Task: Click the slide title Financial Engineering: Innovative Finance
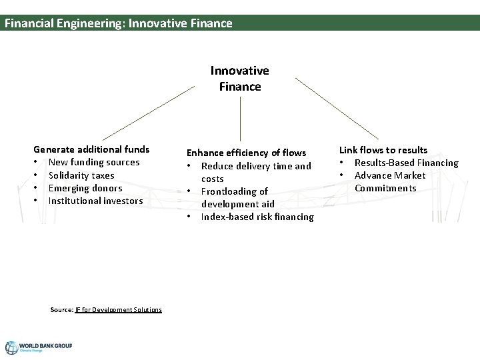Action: point(119,23)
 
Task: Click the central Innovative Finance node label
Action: point(240,79)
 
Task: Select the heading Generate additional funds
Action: point(91,149)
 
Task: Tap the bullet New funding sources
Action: point(94,162)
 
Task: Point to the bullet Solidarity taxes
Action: point(81,175)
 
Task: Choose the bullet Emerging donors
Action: point(85,188)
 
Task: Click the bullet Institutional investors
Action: point(95,201)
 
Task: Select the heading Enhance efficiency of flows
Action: point(246,153)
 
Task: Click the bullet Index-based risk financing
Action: point(257,217)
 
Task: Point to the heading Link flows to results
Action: point(383,150)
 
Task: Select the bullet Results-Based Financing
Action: point(406,163)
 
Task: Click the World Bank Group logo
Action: point(39,347)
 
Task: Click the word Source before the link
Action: point(62,309)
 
